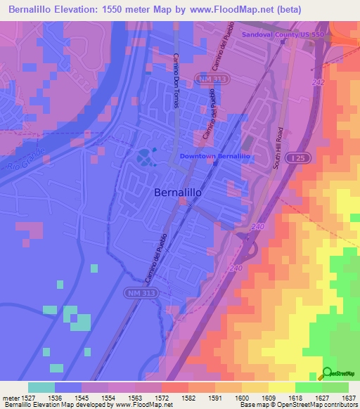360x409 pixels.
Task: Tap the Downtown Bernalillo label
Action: pyautogui.click(x=215, y=156)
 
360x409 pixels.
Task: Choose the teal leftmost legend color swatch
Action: pyautogui.click(x=41, y=387)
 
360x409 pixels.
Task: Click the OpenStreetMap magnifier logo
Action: pyautogui.click(x=326, y=373)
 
